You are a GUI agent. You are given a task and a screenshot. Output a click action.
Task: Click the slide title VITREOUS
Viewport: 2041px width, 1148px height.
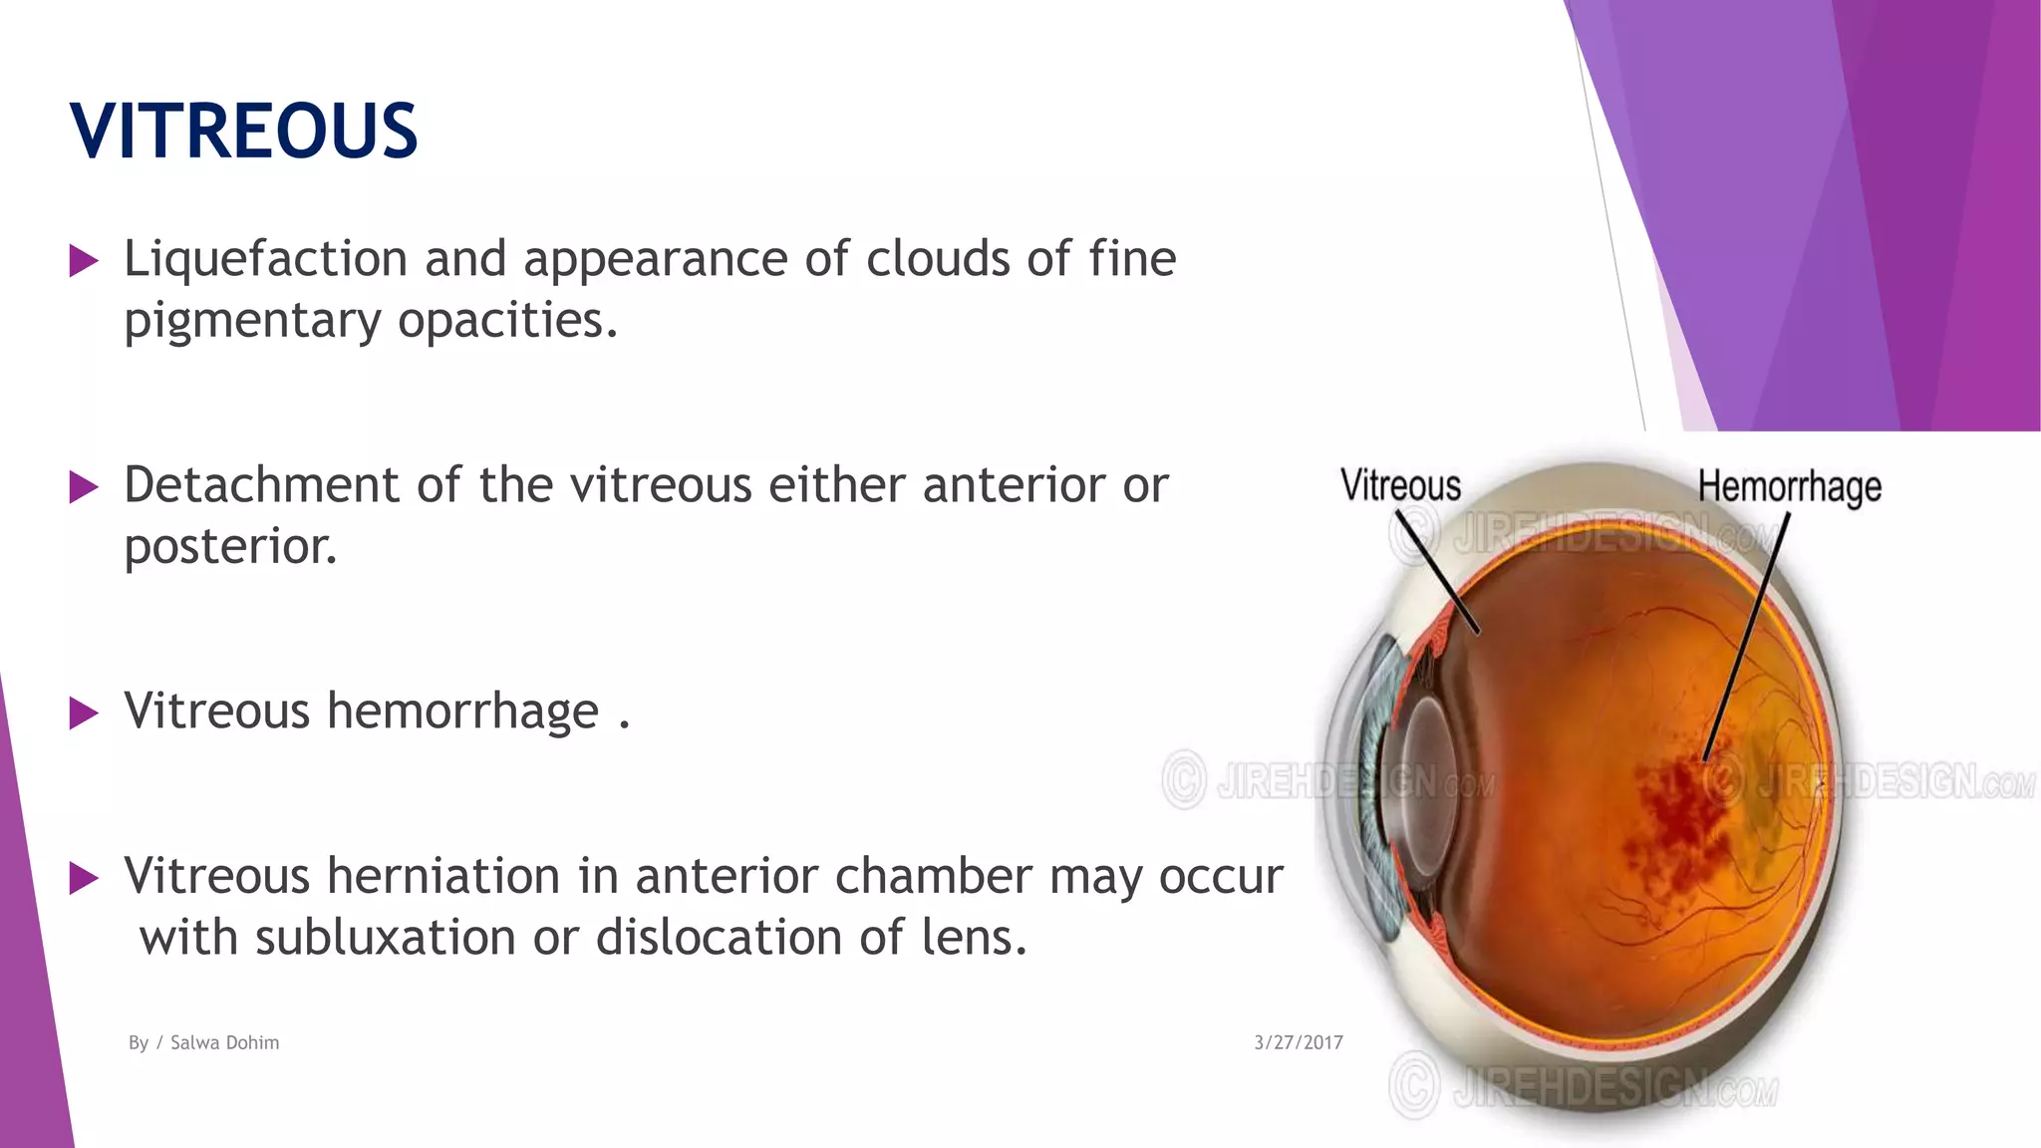point(243,131)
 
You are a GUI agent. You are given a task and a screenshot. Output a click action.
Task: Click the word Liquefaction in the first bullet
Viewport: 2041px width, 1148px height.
point(265,259)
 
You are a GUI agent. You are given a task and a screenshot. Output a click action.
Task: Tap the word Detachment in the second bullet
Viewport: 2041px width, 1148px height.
point(261,485)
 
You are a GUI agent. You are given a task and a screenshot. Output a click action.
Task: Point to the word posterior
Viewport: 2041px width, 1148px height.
point(230,546)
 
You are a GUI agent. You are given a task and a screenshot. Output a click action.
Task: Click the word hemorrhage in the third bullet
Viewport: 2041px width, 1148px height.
point(462,712)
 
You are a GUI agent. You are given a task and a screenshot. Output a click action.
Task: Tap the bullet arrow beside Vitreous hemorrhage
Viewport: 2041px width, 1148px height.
point(84,714)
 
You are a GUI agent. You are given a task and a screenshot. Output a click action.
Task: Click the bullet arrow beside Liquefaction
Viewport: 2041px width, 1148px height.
point(84,261)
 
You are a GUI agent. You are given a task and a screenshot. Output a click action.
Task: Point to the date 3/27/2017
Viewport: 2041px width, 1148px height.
point(1298,1042)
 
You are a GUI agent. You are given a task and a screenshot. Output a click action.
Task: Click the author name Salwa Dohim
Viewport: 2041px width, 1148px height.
point(224,1042)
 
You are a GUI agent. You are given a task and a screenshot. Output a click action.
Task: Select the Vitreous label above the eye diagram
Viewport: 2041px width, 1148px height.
point(1400,486)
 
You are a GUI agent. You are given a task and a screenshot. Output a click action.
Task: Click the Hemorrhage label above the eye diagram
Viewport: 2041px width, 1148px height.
point(1790,486)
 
